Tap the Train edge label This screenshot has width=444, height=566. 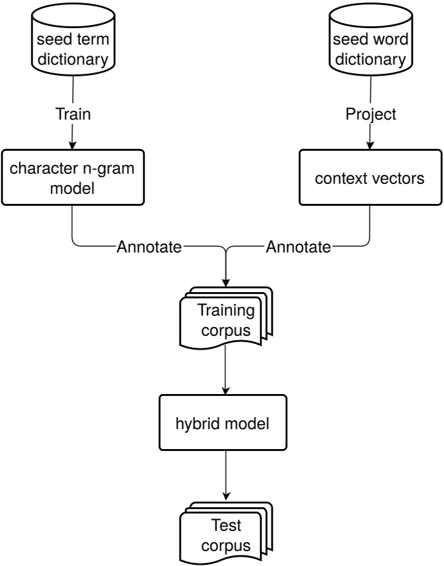point(73,114)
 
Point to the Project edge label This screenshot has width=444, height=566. point(371,114)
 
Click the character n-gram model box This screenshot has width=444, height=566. point(73,178)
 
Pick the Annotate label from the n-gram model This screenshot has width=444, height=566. point(149,248)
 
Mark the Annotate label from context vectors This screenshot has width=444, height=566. point(298,248)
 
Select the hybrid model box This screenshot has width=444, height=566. point(223,423)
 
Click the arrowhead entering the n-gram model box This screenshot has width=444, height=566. point(73,145)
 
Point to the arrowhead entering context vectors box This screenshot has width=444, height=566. point(371,145)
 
